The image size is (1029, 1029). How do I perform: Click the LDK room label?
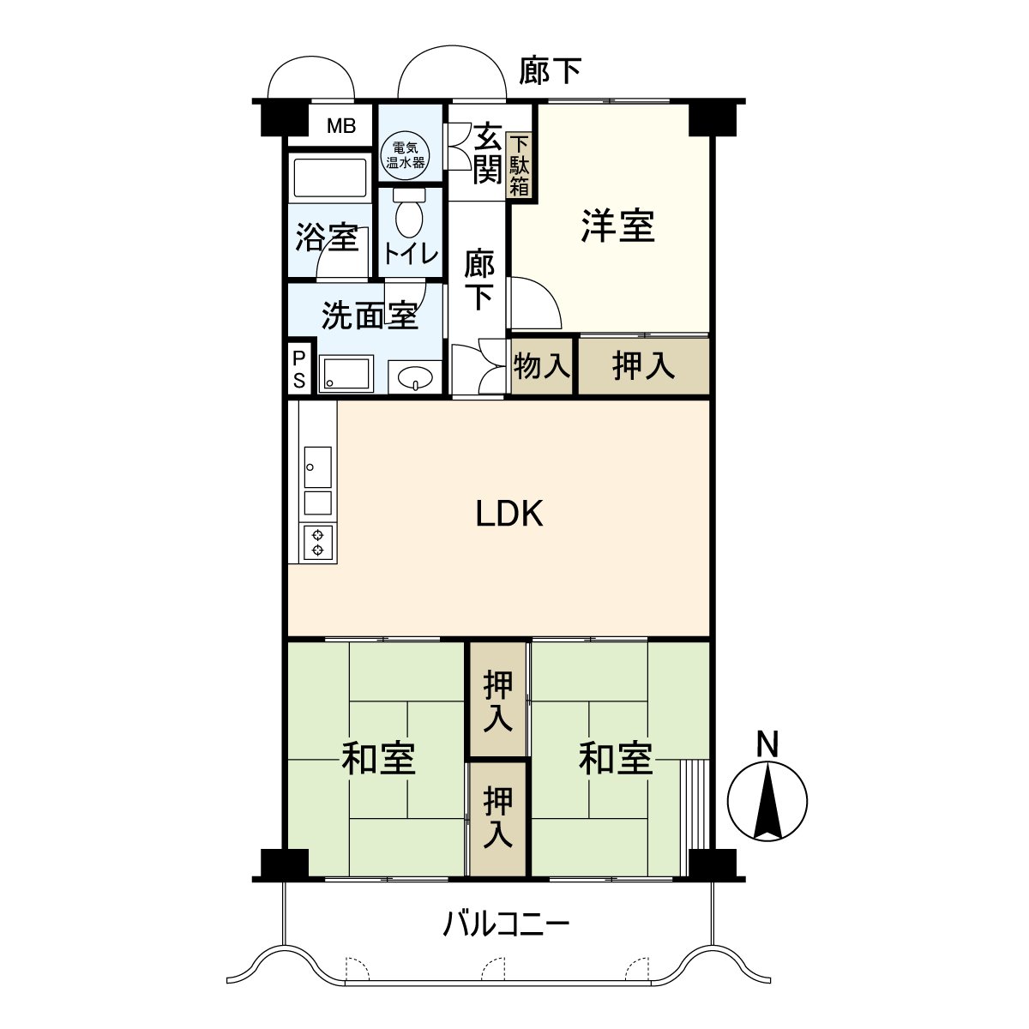509,514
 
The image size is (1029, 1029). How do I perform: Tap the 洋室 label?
617,226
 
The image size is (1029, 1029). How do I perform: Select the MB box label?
341,127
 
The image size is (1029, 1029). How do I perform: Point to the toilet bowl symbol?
408,216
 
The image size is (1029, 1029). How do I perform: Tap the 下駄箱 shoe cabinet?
520,165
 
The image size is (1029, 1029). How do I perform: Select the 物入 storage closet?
541,366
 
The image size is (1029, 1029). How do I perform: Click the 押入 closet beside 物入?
643,366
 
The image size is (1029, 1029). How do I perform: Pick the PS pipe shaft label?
298,369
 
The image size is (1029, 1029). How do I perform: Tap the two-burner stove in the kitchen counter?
317,540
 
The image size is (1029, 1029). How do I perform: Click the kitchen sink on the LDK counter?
317,468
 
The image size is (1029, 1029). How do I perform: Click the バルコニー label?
506,924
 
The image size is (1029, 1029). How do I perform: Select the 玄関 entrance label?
487,154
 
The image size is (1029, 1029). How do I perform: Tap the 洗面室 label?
369,316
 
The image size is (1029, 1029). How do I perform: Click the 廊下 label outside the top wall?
550,71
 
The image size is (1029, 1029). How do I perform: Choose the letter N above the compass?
767,743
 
